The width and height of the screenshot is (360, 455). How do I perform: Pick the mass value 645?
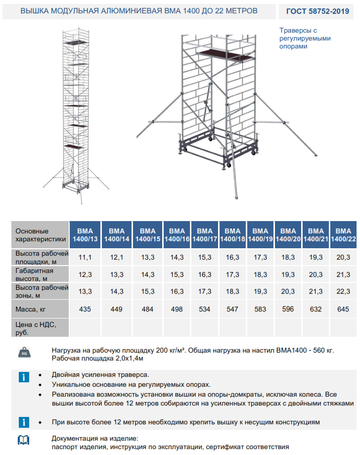[343, 309]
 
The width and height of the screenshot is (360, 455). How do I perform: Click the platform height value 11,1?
[86, 258]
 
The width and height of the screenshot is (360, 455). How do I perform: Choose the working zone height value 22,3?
[343, 291]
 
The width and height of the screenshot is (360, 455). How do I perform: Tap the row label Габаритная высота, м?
[34, 274]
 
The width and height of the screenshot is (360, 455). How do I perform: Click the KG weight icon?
[24, 353]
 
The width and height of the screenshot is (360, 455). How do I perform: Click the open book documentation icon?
[23, 440]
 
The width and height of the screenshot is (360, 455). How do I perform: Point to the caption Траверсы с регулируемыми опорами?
[305, 38]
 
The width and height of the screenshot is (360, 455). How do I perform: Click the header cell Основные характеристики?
[40, 235]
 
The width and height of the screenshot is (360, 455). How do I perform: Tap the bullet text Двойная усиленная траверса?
[100, 375]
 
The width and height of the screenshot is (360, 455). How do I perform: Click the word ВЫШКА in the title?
[36, 10]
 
